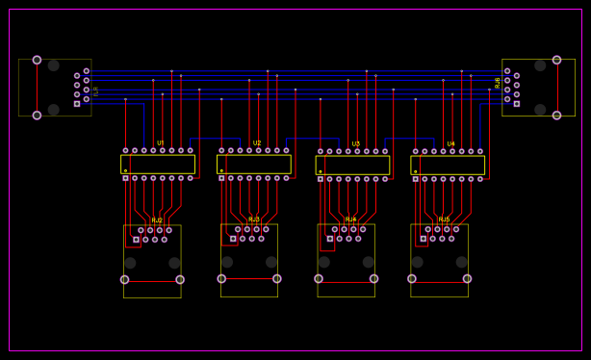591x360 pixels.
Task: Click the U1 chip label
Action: (161, 143)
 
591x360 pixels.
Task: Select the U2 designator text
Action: (257, 143)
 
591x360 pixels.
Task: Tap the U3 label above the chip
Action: (356, 144)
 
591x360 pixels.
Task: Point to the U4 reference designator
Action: (450, 144)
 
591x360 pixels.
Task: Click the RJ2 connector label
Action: (157, 220)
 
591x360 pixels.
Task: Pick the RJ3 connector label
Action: (254, 219)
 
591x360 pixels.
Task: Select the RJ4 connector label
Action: (350, 219)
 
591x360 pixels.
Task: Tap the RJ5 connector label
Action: (444, 219)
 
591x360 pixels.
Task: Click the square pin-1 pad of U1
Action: (125, 178)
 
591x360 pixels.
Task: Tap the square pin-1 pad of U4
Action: (416, 179)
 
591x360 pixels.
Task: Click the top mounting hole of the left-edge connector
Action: (37, 60)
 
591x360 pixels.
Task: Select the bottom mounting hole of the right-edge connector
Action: (556, 116)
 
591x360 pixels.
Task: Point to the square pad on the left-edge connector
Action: (77, 103)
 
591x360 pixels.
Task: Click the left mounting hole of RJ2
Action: (124, 280)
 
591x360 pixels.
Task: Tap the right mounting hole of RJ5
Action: (467, 279)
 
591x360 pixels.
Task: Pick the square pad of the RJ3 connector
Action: (233, 239)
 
